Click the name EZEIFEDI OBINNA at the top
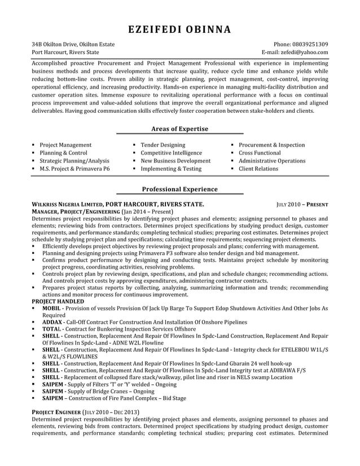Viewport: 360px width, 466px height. pyautogui.click(x=179, y=29)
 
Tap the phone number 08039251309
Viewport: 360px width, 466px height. pyautogui.click(x=309, y=44)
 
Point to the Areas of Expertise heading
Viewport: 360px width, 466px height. pyautogui.click(x=179, y=129)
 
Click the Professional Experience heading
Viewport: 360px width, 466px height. pyautogui.click(x=179, y=190)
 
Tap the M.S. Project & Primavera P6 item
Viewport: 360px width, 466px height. pyautogui.click(x=74, y=169)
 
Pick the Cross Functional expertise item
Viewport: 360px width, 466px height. pyautogui.click(x=259, y=153)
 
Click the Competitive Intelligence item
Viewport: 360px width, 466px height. pyautogui.click(x=171, y=153)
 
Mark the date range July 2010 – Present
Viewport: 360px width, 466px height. pyautogui.click(x=302, y=205)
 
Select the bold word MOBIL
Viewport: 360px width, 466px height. pyautogui.click(x=51, y=310)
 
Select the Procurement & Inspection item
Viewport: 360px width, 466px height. pyautogui.click(x=271, y=145)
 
